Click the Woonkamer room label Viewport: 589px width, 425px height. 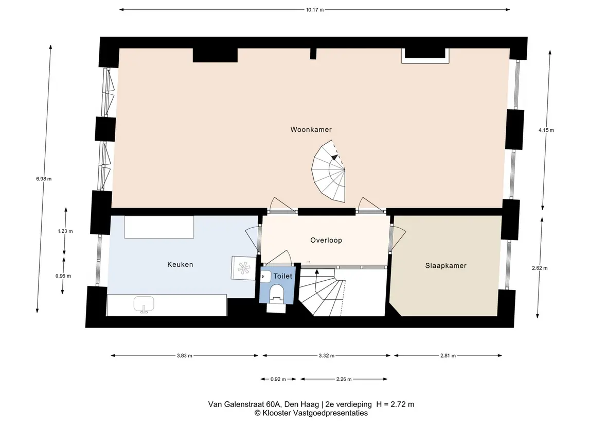coord(311,129)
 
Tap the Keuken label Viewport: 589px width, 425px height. coord(181,264)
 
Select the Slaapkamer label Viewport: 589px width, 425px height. coord(446,265)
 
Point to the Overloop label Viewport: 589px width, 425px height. coord(326,240)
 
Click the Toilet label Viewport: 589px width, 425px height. coord(283,276)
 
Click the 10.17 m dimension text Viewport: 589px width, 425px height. coord(314,10)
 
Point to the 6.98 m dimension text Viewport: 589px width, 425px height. coord(44,179)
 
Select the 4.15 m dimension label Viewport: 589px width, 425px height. coord(546,130)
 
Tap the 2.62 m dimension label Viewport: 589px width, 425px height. coord(540,268)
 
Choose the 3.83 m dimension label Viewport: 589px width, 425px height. coord(185,355)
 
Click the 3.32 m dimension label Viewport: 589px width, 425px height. coord(327,355)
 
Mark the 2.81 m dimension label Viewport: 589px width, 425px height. coord(448,355)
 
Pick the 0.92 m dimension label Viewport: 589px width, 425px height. coord(278,379)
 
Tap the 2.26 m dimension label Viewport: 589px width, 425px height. coord(344,379)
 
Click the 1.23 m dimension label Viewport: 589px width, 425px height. coord(65,231)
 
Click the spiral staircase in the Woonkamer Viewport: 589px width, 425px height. coord(328,171)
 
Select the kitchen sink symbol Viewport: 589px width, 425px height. coord(144,304)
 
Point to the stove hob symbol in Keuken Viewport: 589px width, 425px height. coord(243,268)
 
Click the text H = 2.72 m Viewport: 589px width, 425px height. coord(395,404)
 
